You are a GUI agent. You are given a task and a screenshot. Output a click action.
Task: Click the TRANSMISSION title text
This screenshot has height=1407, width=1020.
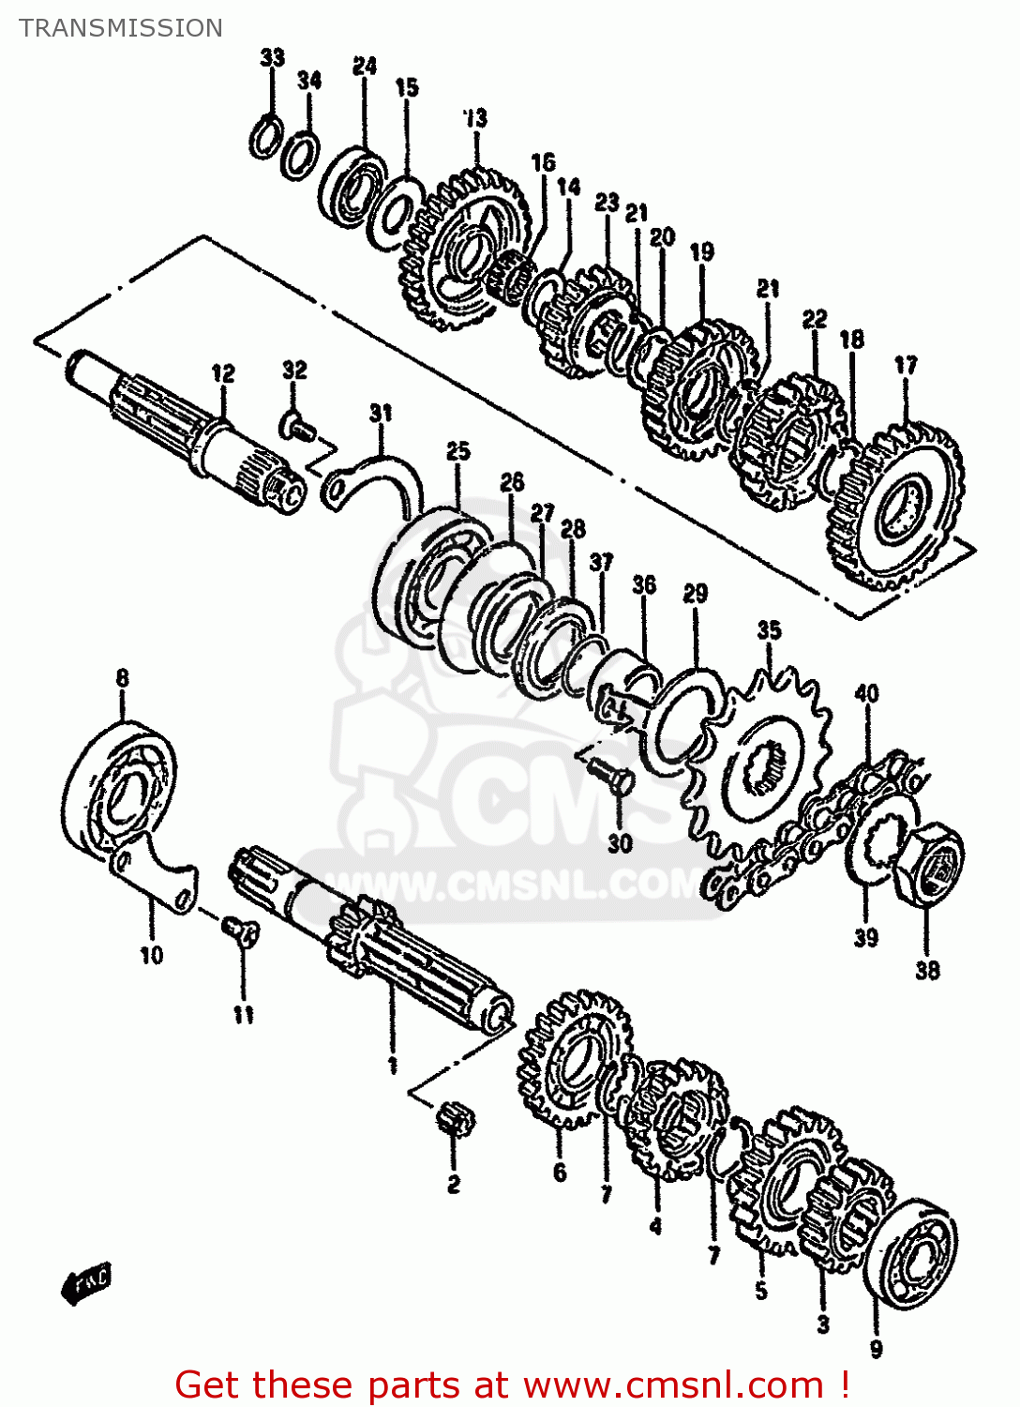click(x=121, y=28)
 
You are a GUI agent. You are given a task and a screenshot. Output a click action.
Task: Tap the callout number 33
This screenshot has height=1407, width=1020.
click(x=272, y=57)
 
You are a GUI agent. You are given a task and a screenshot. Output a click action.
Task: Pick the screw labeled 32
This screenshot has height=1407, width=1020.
click(x=297, y=430)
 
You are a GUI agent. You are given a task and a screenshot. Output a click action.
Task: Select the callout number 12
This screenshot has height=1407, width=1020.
click(x=223, y=373)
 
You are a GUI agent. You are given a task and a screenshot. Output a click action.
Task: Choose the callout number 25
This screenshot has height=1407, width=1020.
click(x=457, y=451)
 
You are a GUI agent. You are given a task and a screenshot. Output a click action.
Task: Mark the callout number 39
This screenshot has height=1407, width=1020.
click(x=865, y=937)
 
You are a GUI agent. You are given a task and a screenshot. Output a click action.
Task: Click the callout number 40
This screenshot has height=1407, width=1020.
click(x=866, y=694)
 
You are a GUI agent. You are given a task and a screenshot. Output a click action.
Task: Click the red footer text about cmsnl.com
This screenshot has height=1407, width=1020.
click(x=512, y=1384)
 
